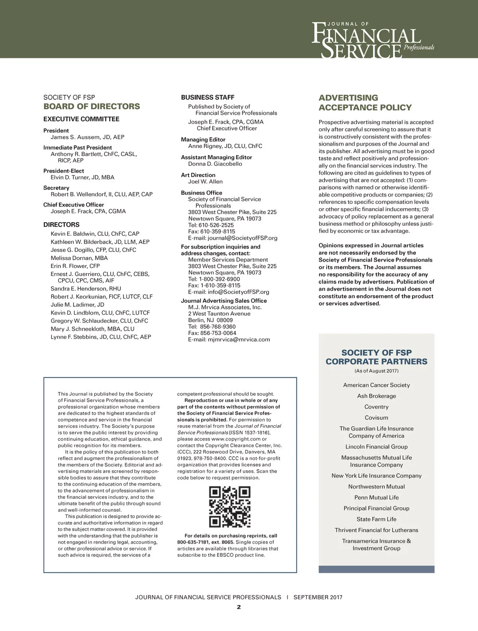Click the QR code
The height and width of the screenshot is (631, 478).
click(x=230, y=507)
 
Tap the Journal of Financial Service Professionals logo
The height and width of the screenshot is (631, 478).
click(x=372, y=40)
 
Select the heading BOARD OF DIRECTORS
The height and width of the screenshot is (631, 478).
click(x=92, y=106)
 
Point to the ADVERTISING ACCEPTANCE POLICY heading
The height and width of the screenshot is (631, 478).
click(x=365, y=103)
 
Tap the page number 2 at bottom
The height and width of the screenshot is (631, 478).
click(x=239, y=607)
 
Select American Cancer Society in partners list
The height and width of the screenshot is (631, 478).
click(x=376, y=385)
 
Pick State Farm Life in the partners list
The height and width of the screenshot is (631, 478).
click(x=376, y=519)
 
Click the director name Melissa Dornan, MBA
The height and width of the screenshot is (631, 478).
click(x=79, y=258)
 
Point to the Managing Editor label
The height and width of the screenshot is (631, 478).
click(x=203, y=140)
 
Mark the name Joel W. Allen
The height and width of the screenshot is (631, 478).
click(x=205, y=182)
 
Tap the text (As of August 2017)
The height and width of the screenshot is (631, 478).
click(x=376, y=371)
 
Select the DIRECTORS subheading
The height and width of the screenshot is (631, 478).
click(x=61, y=225)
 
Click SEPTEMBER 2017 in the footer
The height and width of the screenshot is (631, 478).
click(x=318, y=597)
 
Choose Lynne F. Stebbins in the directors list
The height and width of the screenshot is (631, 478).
click(x=101, y=337)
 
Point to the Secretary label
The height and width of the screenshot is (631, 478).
click(x=56, y=188)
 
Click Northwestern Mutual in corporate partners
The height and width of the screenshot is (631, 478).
click(x=376, y=487)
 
